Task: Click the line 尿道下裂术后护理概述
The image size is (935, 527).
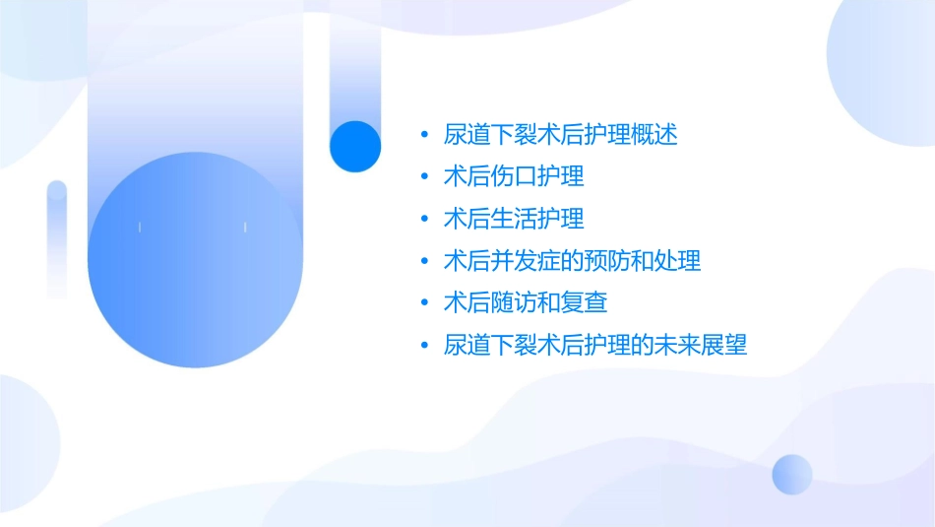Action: coord(560,135)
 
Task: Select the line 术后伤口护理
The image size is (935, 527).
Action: coord(514,176)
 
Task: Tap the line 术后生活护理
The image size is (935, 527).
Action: coord(514,219)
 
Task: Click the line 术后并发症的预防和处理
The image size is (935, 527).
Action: coord(572,261)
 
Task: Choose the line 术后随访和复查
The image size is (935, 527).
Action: coord(526,302)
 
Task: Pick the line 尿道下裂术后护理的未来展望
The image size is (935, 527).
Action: coord(595,345)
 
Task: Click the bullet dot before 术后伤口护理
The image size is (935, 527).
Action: coord(424,177)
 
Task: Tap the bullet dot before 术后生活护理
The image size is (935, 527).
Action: coord(424,219)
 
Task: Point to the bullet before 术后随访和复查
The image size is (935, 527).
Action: coord(424,303)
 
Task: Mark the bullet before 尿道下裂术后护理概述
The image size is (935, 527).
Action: coord(424,135)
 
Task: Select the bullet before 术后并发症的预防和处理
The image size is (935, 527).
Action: coord(424,261)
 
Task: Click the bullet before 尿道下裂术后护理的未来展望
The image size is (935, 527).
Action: coord(424,346)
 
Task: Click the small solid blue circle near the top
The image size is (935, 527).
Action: coord(355,147)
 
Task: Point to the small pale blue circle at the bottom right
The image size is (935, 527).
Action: coord(792,474)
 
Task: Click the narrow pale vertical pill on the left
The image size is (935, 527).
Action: coord(57,238)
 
